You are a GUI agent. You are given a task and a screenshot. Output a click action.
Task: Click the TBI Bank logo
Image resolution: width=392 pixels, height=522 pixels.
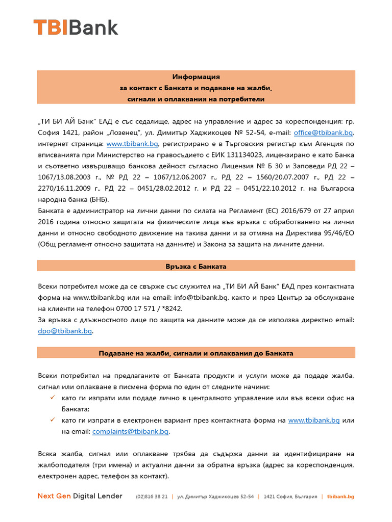click(x=76, y=28)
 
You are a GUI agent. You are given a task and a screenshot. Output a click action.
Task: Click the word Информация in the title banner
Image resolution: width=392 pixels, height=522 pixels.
click(x=196, y=76)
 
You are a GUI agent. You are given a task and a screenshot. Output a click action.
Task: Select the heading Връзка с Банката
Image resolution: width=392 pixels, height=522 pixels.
click(x=196, y=266)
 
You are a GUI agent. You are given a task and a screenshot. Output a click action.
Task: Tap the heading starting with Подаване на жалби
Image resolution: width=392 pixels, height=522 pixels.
click(x=196, y=353)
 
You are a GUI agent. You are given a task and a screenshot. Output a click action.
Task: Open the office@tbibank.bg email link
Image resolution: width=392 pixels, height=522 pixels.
click(x=323, y=133)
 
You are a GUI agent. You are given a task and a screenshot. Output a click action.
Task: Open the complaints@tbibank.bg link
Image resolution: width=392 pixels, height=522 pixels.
click(x=130, y=431)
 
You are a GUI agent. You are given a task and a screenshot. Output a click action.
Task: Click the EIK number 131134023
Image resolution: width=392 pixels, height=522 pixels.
click(x=243, y=155)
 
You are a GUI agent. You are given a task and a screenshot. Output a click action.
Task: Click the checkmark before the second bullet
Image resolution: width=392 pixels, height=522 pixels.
click(x=53, y=420)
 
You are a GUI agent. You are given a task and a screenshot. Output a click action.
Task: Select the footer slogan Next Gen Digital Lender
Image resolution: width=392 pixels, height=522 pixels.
click(x=80, y=496)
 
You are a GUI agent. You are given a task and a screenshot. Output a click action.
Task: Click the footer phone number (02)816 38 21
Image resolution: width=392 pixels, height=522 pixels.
click(x=152, y=497)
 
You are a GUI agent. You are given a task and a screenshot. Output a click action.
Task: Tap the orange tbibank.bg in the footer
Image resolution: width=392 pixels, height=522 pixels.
click(x=340, y=497)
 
